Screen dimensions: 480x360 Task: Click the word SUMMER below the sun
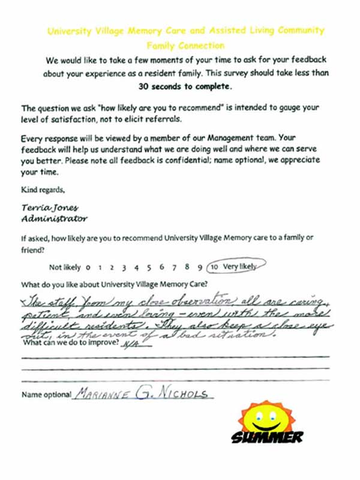click(x=267, y=437)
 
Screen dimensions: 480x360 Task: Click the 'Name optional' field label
click(x=46, y=395)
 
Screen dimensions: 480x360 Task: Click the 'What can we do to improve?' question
click(x=69, y=346)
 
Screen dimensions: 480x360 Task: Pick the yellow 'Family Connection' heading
click(x=185, y=46)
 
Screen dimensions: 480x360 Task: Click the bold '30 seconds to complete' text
click(x=185, y=86)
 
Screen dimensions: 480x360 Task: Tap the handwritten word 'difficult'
click(x=49, y=324)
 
